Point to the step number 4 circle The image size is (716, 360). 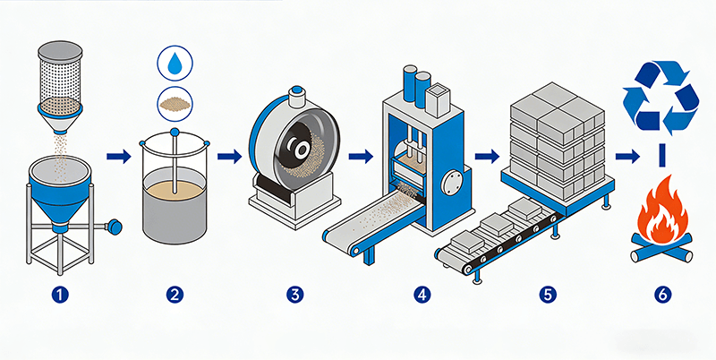422,293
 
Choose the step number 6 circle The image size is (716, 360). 660,293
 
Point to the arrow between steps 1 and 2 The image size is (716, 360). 115,158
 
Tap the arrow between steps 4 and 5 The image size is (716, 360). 487,158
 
